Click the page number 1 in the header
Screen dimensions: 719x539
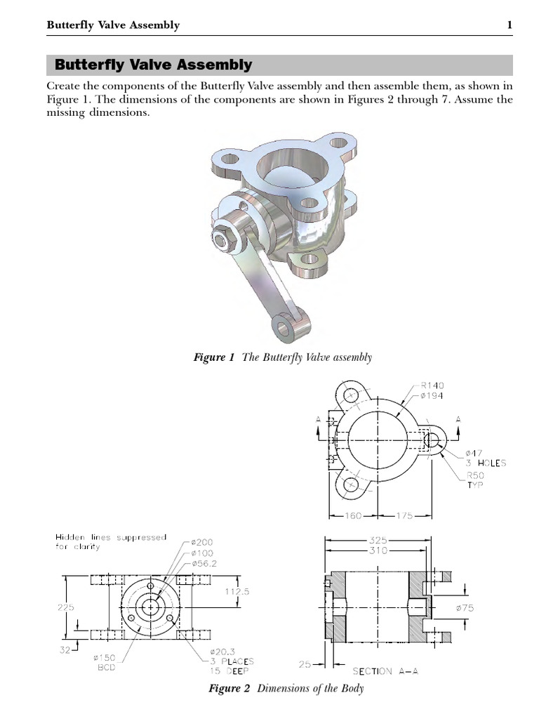click(x=510, y=26)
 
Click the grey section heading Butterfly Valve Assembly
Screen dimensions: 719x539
click(x=153, y=65)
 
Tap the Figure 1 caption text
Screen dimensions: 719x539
click(x=282, y=357)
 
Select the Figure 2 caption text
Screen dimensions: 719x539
click(x=286, y=689)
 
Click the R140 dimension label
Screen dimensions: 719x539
click(x=432, y=385)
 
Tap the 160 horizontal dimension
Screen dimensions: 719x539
click(x=352, y=515)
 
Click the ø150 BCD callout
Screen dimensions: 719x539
click(x=106, y=663)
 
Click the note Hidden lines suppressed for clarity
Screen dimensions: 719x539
click(x=111, y=542)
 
